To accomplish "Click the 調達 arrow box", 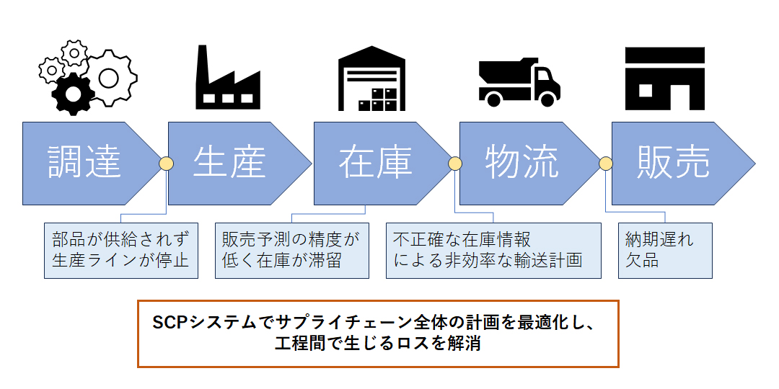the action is [x=84, y=164].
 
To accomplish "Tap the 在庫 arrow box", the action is [x=376, y=164].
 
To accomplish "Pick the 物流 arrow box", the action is [x=521, y=164].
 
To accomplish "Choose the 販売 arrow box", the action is [x=676, y=164].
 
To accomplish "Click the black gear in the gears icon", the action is [x=73, y=94].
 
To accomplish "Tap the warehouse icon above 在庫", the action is [x=371, y=78].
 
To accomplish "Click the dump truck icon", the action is [x=519, y=82].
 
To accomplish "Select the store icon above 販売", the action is [x=665, y=79].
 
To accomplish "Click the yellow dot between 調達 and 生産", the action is [x=166, y=164].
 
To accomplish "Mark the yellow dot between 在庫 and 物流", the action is [x=455, y=164].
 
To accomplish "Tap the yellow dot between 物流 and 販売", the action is [x=605, y=164].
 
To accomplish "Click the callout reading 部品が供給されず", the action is [x=120, y=251].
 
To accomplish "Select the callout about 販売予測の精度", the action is [x=291, y=251].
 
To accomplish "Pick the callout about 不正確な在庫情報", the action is [x=493, y=251].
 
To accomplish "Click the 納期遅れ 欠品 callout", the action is [x=665, y=251].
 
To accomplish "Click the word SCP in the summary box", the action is [x=170, y=323].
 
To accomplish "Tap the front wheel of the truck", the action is [x=547, y=99].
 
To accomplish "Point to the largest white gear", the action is [x=109, y=77].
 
